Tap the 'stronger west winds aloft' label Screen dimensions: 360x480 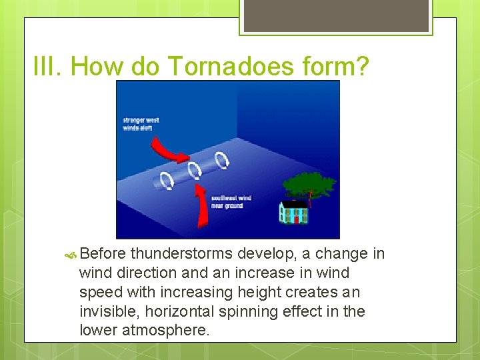[x=141, y=124]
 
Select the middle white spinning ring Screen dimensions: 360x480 [x=194, y=170]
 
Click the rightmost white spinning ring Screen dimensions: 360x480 [x=222, y=160]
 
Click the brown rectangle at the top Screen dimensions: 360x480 [x=336, y=15]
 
